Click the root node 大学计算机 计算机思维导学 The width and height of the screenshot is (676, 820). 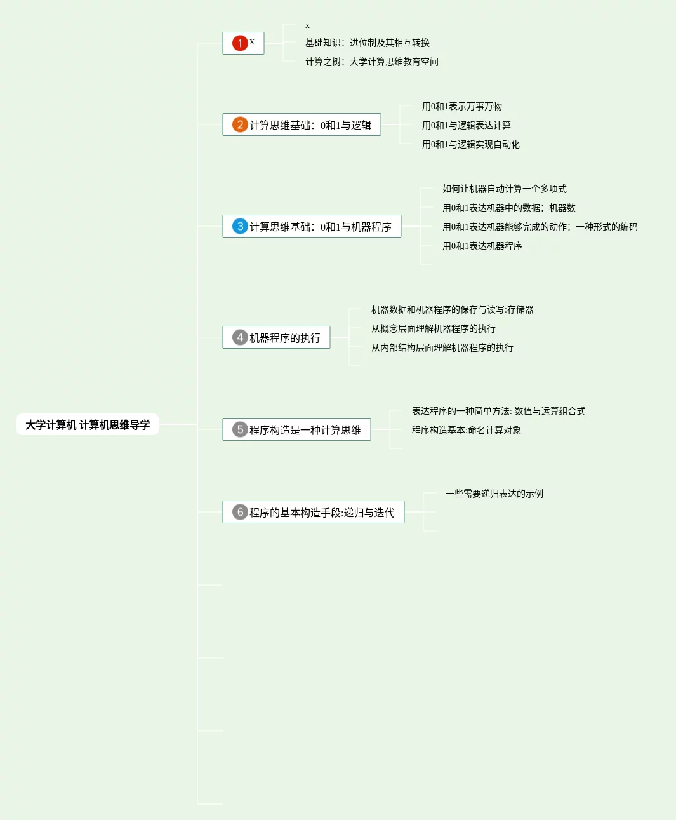click(x=88, y=425)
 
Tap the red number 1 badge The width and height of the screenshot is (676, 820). click(x=240, y=43)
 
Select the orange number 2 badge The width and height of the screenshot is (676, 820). click(x=240, y=124)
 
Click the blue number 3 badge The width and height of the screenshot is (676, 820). click(x=240, y=226)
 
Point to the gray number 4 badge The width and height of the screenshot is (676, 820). click(x=240, y=337)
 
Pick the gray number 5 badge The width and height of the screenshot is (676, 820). click(x=240, y=429)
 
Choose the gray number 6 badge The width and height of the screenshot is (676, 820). click(x=240, y=512)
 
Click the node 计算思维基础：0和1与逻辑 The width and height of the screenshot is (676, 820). click(x=310, y=125)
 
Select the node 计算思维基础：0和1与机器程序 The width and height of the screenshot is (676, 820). click(x=320, y=227)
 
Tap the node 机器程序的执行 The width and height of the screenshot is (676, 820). click(x=284, y=338)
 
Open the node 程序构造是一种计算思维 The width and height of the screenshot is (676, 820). click(x=305, y=430)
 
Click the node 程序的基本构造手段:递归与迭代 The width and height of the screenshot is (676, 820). click(x=321, y=513)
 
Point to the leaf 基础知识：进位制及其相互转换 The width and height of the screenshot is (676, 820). click(x=367, y=43)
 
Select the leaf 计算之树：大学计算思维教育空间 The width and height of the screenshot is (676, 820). click(x=371, y=62)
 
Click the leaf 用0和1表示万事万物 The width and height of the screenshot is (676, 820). click(x=461, y=106)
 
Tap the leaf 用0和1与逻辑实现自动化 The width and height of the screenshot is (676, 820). click(x=470, y=144)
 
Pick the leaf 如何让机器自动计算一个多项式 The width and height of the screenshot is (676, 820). click(x=504, y=189)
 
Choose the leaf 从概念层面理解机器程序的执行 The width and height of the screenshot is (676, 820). click(x=433, y=328)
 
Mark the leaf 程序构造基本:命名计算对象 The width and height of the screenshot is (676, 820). click(x=466, y=430)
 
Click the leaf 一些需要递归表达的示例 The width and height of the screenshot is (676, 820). click(x=494, y=494)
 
